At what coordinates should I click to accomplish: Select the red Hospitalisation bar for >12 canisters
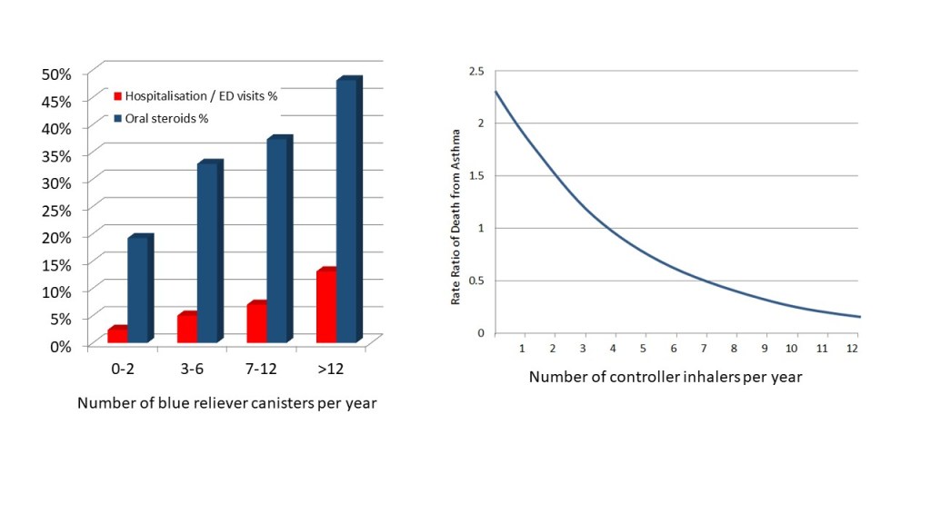pos(327,307)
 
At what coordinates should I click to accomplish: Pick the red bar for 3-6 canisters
pos(188,328)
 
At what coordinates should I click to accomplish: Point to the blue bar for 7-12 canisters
pos(279,241)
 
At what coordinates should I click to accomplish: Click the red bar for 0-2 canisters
pos(118,334)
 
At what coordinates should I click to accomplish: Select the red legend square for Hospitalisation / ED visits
pos(117,95)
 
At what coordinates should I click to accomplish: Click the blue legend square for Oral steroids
pos(117,118)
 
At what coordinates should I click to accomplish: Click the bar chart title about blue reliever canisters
pos(226,403)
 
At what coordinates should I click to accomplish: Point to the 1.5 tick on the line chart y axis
pos(476,175)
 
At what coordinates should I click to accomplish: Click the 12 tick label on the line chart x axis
pos(852,349)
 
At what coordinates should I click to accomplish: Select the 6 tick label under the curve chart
pos(673,349)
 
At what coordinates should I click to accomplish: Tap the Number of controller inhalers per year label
pos(666,376)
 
